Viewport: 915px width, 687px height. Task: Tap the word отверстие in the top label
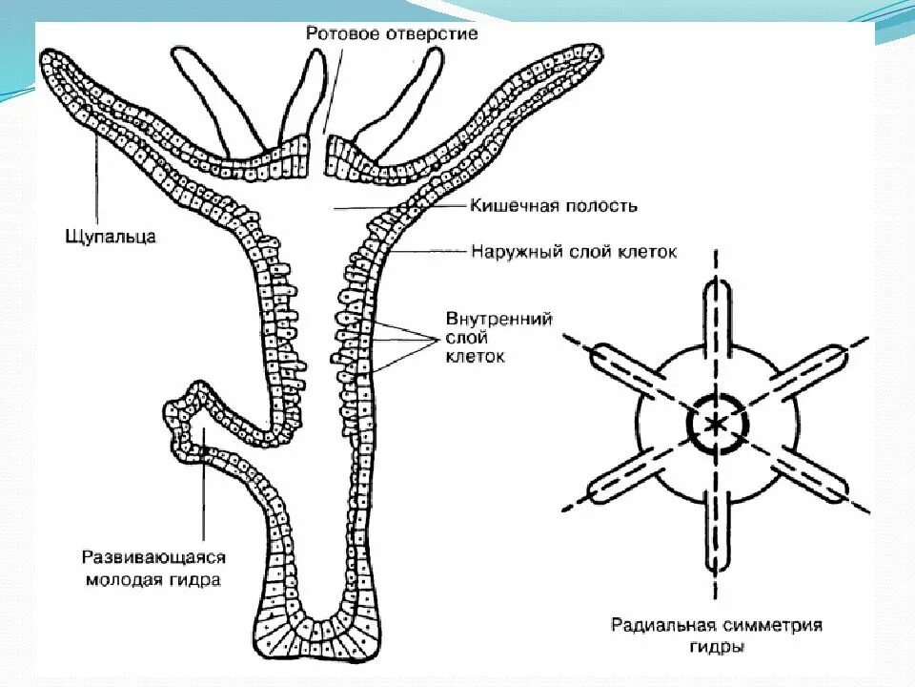(x=431, y=33)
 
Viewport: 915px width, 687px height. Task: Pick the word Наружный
(x=513, y=253)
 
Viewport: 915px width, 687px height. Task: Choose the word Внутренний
(x=499, y=319)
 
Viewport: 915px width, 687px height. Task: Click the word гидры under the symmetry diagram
(x=716, y=647)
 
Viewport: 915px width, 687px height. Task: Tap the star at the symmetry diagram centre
(x=715, y=423)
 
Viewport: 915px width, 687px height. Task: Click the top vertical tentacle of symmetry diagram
(x=715, y=315)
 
